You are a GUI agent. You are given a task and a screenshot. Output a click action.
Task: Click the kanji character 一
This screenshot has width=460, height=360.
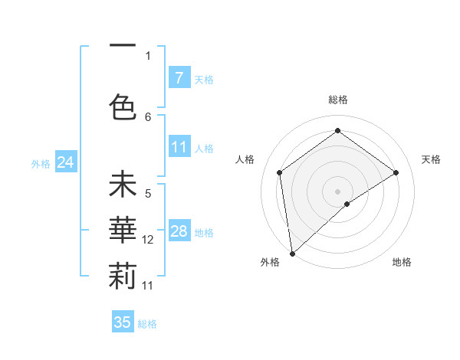tap(123, 47)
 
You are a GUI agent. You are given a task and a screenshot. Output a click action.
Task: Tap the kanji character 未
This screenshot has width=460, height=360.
tap(123, 187)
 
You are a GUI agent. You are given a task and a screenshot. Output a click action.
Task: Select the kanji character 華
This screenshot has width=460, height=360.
tap(123, 233)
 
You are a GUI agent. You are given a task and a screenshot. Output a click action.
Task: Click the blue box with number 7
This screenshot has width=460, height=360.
tap(179, 77)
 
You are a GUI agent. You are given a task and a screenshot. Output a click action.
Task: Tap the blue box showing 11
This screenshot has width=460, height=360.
tap(179, 147)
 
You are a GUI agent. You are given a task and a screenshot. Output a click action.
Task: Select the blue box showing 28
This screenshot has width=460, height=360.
tap(179, 231)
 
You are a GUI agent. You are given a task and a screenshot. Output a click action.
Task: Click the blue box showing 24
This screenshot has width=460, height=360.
tap(65, 162)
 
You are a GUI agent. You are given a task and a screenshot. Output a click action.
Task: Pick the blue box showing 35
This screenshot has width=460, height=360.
tap(123, 322)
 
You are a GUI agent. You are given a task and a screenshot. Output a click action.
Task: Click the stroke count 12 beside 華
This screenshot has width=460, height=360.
tap(148, 240)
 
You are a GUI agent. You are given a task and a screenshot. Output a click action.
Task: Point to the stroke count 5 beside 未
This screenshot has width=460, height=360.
tap(148, 194)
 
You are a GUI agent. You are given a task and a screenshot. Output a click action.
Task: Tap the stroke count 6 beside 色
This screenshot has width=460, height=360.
tap(148, 116)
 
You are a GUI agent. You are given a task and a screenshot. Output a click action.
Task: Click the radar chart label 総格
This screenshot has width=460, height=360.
tap(337, 100)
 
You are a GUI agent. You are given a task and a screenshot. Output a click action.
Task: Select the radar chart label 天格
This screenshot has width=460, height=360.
tap(431, 159)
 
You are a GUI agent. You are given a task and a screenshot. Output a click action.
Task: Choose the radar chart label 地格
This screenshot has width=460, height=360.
tap(402, 262)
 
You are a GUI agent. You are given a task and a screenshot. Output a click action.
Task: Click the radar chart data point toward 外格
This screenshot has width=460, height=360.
tap(291, 253)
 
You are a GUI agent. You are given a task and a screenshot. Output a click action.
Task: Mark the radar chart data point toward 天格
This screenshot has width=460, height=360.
tap(396, 172)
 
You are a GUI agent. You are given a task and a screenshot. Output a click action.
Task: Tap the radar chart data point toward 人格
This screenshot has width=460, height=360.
tap(280, 172)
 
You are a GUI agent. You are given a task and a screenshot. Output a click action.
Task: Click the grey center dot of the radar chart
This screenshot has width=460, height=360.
tap(337, 190)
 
